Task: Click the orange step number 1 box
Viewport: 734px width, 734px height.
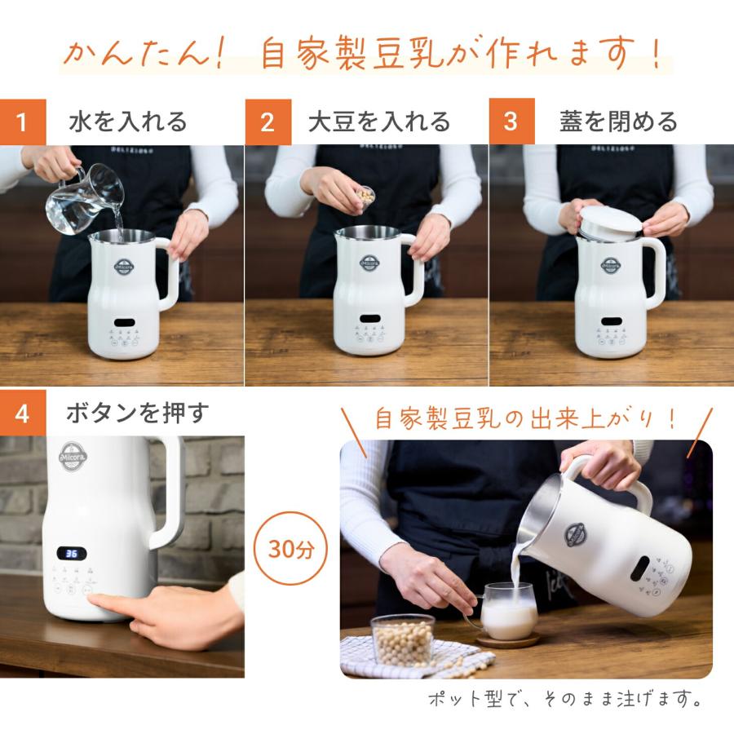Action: tap(21, 122)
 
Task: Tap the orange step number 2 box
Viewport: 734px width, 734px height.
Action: tap(268, 122)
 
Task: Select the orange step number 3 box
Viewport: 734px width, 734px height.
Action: tap(511, 122)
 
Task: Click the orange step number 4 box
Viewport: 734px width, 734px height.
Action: tap(23, 413)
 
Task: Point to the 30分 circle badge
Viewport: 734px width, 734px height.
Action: tap(291, 549)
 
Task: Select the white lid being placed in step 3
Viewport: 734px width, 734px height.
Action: tap(611, 221)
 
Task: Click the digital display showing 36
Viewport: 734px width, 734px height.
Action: tap(72, 554)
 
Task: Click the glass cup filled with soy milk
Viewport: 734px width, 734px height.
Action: tap(509, 611)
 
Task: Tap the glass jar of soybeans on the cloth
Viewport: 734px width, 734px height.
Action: tap(403, 639)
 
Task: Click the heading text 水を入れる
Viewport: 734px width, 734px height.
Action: tap(128, 122)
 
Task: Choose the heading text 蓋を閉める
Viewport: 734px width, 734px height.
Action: tap(618, 122)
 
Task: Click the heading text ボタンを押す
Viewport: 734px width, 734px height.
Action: tap(137, 413)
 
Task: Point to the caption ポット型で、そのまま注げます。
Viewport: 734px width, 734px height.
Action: tap(564, 700)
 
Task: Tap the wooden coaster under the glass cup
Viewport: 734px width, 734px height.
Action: tap(507, 641)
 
